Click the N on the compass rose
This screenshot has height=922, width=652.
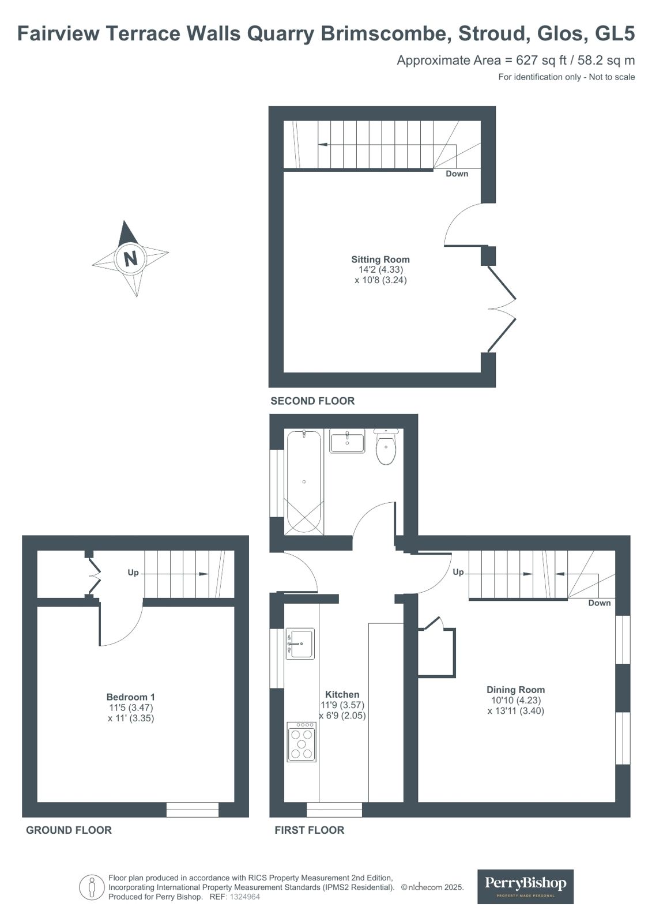(130, 259)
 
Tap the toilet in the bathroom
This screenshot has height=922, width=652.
(386, 446)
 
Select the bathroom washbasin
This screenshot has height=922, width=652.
(347, 441)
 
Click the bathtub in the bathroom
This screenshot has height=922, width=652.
(304, 482)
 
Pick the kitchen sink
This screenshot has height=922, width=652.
(300, 643)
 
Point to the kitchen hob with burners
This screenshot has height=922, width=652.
(301, 742)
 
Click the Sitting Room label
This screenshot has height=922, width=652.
(380, 259)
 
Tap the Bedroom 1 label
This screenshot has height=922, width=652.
(130, 697)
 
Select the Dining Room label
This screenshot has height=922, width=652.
(515, 690)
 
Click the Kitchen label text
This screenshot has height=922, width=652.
(342, 694)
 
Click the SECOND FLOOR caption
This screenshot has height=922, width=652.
(312, 401)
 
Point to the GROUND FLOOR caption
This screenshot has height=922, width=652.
(69, 830)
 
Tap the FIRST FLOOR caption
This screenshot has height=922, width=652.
(310, 830)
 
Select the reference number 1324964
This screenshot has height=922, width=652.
(244, 897)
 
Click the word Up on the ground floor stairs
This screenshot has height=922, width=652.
(133, 573)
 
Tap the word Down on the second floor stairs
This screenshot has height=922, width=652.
(457, 174)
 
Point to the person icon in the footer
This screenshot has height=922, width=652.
(92, 887)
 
